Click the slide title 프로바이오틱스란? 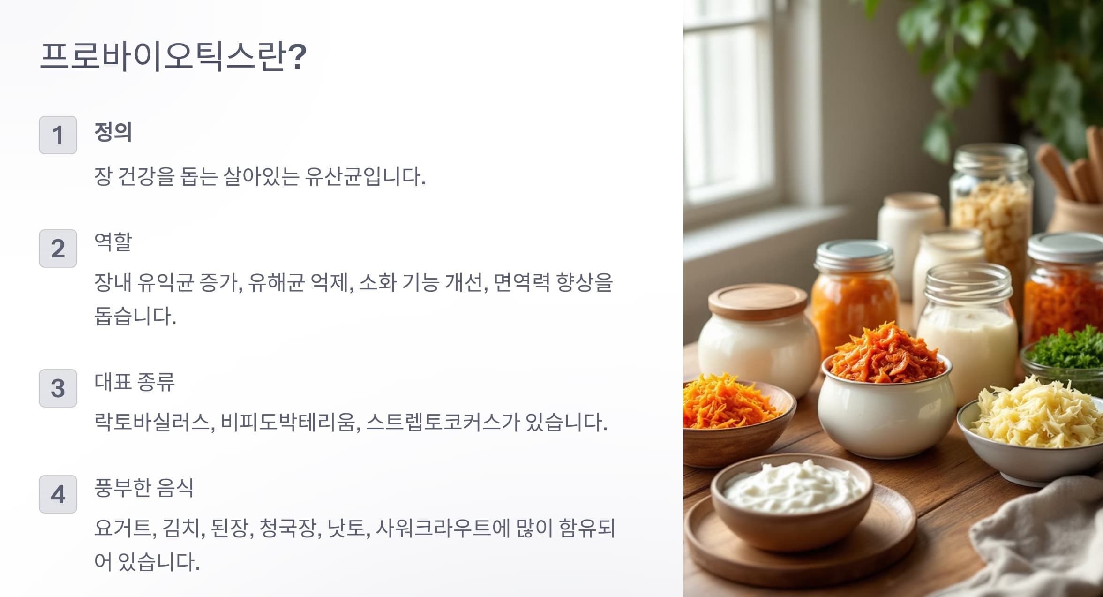pos(173,56)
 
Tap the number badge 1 pos(58,135)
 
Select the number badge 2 pos(58,249)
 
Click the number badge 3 pos(58,388)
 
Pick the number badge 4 pos(58,494)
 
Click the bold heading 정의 pos(113,132)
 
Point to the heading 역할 pos(113,242)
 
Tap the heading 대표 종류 pos(135,382)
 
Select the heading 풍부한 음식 pos(144,488)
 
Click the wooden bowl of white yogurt pos(792,502)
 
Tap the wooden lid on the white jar pos(758,302)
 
